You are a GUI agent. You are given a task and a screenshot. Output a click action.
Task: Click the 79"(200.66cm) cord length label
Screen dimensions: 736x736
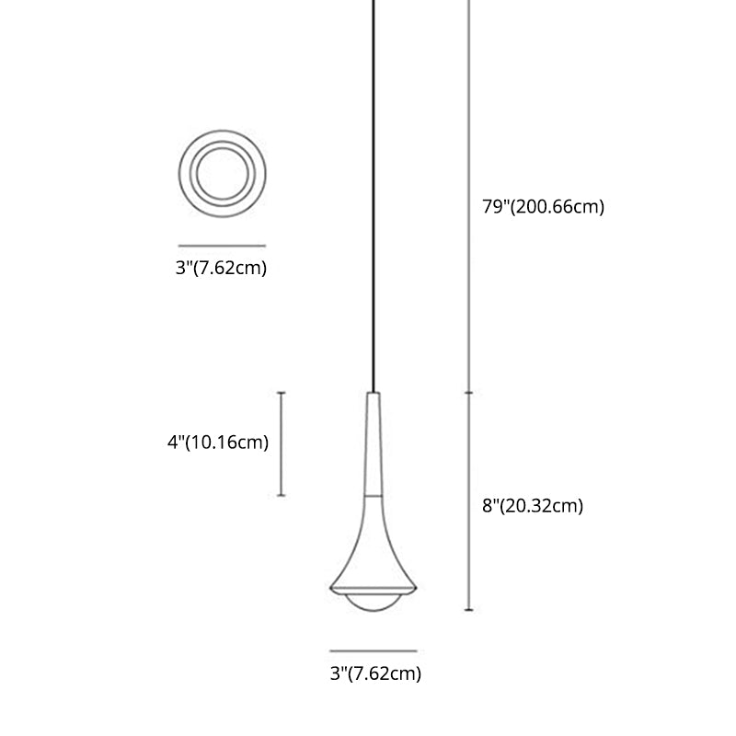(543, 207)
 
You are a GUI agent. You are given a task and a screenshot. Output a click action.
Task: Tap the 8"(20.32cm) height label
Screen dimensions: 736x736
(532, 505)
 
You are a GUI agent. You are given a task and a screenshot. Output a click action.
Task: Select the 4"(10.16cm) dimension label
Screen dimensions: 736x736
(217, 443)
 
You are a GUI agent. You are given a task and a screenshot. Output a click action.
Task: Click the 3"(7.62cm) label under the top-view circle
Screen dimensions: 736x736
(221, 270)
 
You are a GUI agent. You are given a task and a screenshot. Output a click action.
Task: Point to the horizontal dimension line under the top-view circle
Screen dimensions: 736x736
(221, 246)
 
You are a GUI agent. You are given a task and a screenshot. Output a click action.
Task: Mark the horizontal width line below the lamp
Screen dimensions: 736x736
(374, 650)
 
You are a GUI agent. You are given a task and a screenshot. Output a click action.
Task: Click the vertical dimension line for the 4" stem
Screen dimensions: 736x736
(282, 444)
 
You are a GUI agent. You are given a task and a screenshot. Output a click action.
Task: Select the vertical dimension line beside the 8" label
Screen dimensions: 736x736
(469, 501)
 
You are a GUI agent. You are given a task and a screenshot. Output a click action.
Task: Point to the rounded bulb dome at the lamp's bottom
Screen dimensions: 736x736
(374, 604)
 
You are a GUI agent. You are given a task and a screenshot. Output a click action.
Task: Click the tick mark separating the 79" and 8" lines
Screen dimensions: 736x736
(469, 392)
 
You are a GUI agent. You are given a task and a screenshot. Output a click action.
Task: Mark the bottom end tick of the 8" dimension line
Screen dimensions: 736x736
(469, 610)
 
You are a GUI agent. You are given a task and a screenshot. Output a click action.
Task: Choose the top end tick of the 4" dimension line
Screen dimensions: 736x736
(282, 393)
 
